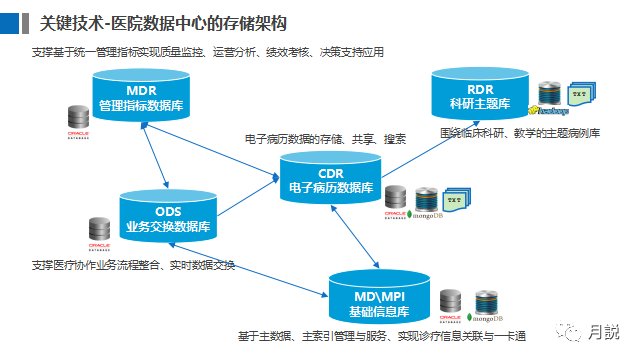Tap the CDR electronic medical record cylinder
point(331,179)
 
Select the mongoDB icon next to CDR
point(426,204)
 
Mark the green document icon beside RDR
point(580,94)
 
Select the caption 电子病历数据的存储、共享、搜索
point(325,139)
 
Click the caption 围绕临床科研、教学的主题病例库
point(519,132)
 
